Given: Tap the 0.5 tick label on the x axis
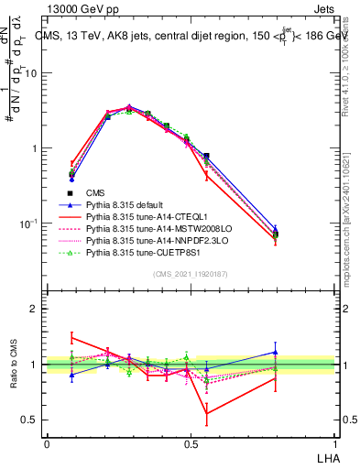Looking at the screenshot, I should pyautogui.click(x=191, y=443).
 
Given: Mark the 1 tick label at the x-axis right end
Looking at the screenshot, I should pyautogui.click(x=334, y=443).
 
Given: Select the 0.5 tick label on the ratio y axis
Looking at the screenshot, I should pyautogui.click(x=33, y=420).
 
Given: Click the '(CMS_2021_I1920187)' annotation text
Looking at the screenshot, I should pyautogui.click(x=191, y=274).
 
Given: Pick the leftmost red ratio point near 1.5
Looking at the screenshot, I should pyautogui.click(x=71, y=336).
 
